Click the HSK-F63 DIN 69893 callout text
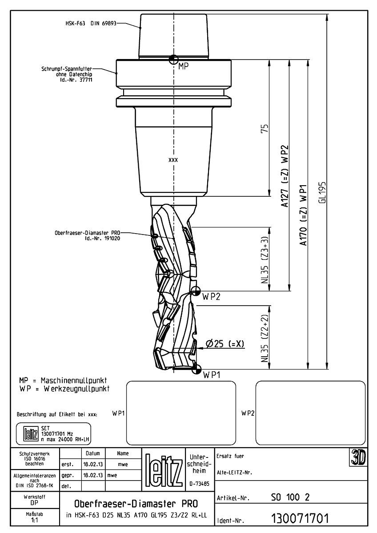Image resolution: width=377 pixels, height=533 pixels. coord(91,23)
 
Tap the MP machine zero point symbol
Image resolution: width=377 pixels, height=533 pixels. coord(174,59)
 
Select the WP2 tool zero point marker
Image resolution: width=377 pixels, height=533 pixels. coord(196,291)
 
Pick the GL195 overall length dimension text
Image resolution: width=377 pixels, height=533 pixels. coord(322,192)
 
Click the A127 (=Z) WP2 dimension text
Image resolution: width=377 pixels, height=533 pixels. coord(285,176)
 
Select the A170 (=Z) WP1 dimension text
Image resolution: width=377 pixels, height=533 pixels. coord(303,215)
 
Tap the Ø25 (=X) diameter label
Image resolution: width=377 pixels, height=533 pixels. coord(225,343)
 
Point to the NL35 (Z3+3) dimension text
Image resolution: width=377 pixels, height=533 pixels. coord(265,260)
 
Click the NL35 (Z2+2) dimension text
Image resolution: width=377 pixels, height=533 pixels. coord(265,338)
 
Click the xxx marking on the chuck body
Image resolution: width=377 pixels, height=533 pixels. coord(173,160)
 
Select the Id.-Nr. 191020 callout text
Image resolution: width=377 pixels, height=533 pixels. coord(102,238)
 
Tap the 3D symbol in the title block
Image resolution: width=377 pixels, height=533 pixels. coord(358,457)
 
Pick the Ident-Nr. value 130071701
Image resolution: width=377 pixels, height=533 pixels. coord(300,518)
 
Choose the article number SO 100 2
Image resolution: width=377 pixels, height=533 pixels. coord(290,497)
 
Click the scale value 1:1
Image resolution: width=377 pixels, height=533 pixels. coord(35,520)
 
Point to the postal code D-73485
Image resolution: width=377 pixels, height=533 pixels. coord(199,484)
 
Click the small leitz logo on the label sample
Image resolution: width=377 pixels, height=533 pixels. coord(31,434)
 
